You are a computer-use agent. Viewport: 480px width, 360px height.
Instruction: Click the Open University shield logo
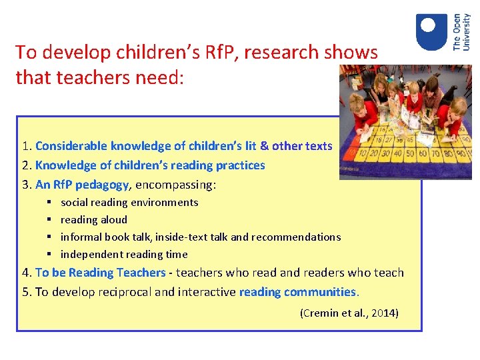click(431, 32)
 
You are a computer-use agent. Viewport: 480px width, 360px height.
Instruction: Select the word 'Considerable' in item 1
click(71, 146)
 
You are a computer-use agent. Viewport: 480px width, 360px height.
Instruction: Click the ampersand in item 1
click(265, 146)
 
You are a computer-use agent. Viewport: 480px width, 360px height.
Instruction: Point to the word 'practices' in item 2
click(243, 165)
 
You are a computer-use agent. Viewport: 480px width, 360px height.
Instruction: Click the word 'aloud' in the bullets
click(113, 220)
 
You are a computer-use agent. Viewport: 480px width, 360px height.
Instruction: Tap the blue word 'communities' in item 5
click(320, 292)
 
